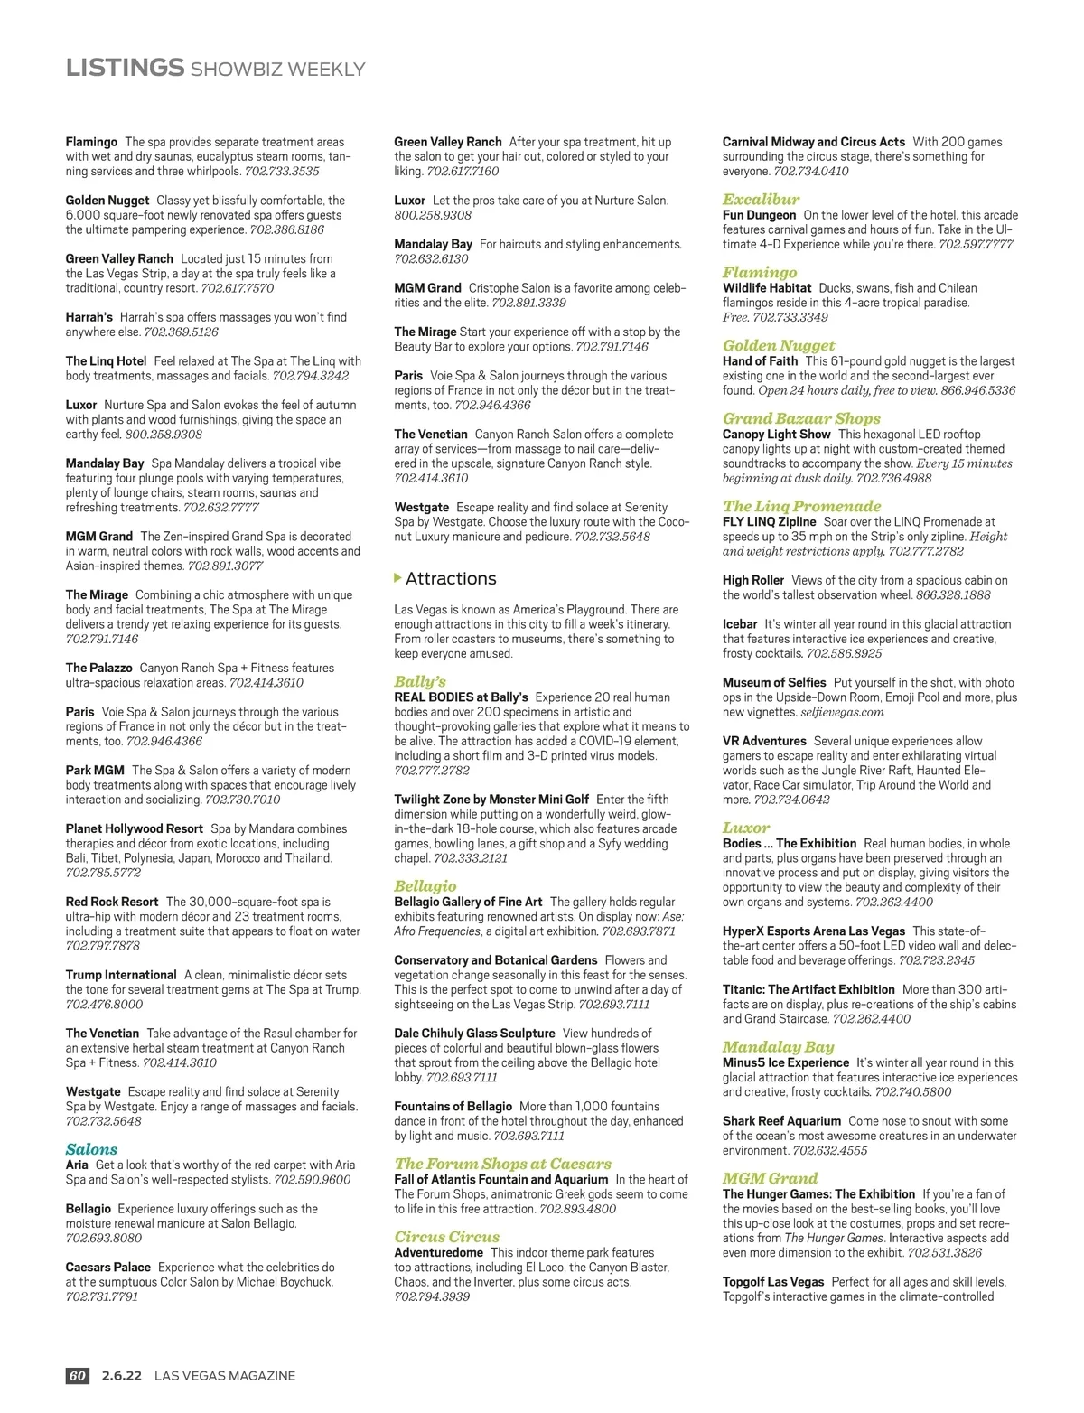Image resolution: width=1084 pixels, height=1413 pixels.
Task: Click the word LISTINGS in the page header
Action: [x=125, y=68]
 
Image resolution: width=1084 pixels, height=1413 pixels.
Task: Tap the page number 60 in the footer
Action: [x=77, y=1376]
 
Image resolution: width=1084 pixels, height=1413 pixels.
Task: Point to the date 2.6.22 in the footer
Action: [x=122, y=1376]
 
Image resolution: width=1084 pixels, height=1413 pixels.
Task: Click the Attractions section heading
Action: [x=451, y=578]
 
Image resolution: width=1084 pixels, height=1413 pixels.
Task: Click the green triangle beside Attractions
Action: [x=398, y=578]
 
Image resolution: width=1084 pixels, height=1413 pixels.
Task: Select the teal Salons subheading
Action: [x=91, y=1149]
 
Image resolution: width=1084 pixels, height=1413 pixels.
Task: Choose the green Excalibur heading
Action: [x=761, y=199]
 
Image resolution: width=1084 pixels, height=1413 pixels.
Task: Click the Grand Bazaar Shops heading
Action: [x=800, y=418]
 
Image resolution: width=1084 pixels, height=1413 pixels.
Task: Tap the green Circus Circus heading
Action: [x=446, y=1237]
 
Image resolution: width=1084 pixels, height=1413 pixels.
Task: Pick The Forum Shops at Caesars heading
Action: [x=502, y=1164]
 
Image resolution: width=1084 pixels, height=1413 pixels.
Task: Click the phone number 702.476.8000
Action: [x=104, y=1004]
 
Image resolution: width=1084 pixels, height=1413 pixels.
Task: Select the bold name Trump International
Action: [x=121, y=975]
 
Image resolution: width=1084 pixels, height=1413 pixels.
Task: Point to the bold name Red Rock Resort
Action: [x=112, y=902]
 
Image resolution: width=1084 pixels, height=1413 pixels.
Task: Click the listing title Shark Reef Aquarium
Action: [x=781, y=1121]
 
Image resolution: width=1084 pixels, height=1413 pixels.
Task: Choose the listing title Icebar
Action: [x=740, y=624]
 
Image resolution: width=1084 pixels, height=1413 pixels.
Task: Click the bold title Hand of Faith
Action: [x=760, y=361]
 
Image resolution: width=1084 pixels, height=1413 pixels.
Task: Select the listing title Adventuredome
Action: [x=438, y=1252]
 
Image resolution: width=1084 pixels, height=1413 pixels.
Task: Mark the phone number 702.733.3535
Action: [x=282, y=171]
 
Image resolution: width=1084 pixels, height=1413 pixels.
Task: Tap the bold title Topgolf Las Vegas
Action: [x=773, y=1282]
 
